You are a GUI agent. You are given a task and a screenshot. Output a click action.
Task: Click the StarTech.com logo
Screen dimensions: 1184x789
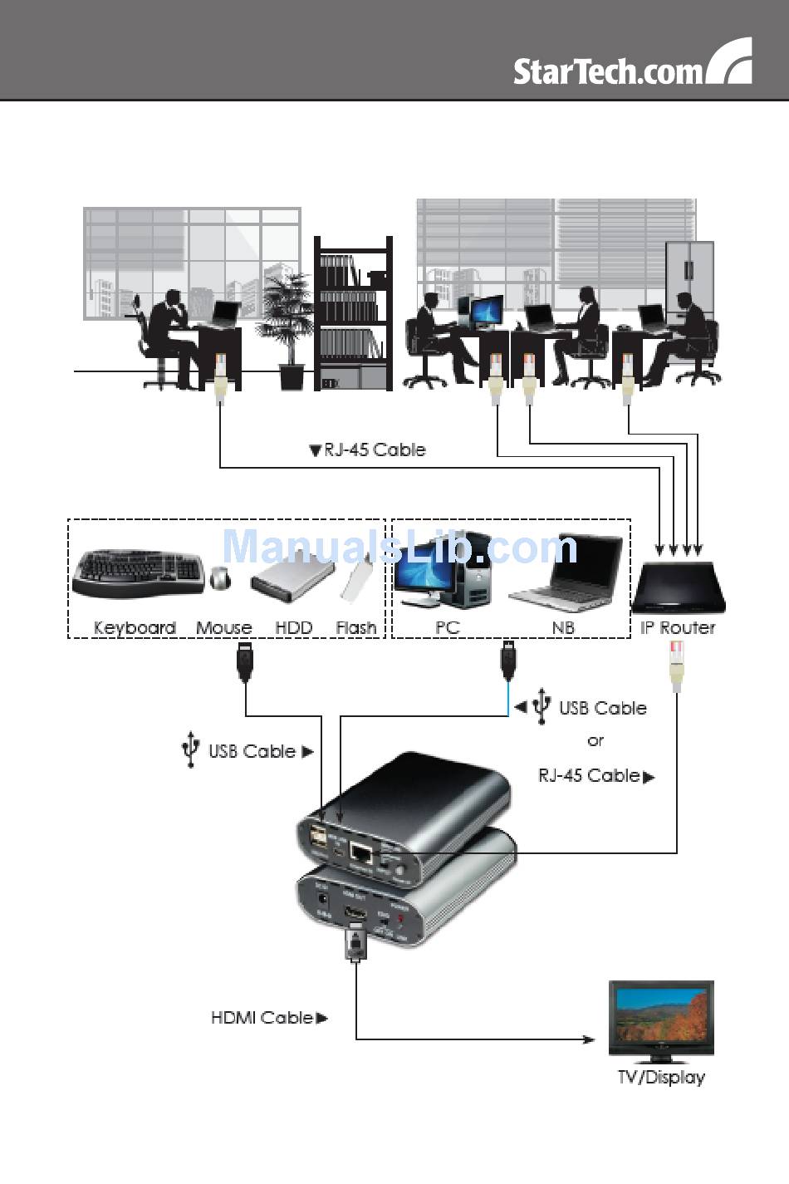[632, 66]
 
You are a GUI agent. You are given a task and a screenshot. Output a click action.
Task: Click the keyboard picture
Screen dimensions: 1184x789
[138, 572]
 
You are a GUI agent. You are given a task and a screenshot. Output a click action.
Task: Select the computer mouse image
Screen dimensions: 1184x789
[220, 577]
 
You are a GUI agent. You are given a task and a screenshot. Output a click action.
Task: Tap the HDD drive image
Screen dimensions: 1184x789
[291, 580]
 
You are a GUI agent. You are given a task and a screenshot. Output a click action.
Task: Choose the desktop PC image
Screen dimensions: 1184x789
[440, 573]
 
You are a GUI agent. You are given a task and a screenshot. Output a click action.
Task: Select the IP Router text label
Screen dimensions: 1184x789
[678, 628]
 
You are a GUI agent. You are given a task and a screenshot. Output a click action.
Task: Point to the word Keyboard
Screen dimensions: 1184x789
[135, 628]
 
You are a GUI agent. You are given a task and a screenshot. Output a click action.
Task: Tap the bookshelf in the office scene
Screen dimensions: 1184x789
[353, 314]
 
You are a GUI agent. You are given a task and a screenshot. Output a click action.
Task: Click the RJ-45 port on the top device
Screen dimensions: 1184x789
[361, 853]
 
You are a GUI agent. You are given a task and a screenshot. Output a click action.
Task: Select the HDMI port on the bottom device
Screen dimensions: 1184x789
[355, 916]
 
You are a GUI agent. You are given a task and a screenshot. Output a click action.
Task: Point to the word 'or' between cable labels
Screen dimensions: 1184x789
[595, 740]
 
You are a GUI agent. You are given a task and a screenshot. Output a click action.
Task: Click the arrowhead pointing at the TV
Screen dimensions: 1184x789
[589, 1039]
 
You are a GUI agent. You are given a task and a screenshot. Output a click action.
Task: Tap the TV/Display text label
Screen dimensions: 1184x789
[661, 1078]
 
